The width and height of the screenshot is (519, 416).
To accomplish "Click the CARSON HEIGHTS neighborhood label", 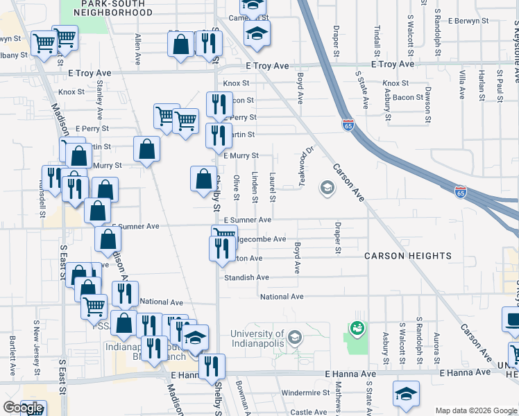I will coord(408,256).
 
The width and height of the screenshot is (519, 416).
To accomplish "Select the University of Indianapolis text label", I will coord(258,339).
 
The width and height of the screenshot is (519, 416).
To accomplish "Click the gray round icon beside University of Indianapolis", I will coord(295,338).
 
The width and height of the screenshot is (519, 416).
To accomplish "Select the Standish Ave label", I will coord(246,277).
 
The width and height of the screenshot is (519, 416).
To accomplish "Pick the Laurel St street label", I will coord(272,187).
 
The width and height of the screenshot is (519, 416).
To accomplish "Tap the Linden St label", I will coord(255,187).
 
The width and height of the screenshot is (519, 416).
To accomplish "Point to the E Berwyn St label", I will coord(473,21).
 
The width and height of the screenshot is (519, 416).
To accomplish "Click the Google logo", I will coord(24,408).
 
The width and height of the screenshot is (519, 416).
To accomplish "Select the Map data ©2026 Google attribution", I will coord(477,410).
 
